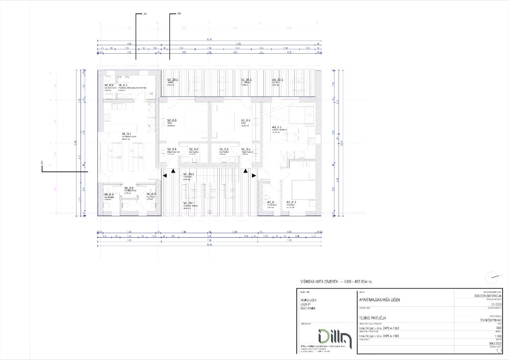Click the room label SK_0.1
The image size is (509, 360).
[x=127, y=134]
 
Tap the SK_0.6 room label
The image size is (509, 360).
[x=109, y=86]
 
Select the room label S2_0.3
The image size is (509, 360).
[x=172, y=120]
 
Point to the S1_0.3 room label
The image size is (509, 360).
[x=246, y=120]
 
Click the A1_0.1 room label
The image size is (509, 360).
[x=277, y=128]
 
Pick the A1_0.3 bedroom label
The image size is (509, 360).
[x=292, y=201]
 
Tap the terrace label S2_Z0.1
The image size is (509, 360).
[x=173, y=80]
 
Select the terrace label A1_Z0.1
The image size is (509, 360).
[x=277, y=80]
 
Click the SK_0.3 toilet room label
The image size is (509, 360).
[x=109, y=194]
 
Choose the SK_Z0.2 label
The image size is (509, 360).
[x=189, y=174]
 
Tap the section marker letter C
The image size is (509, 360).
[x=42, y=163]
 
